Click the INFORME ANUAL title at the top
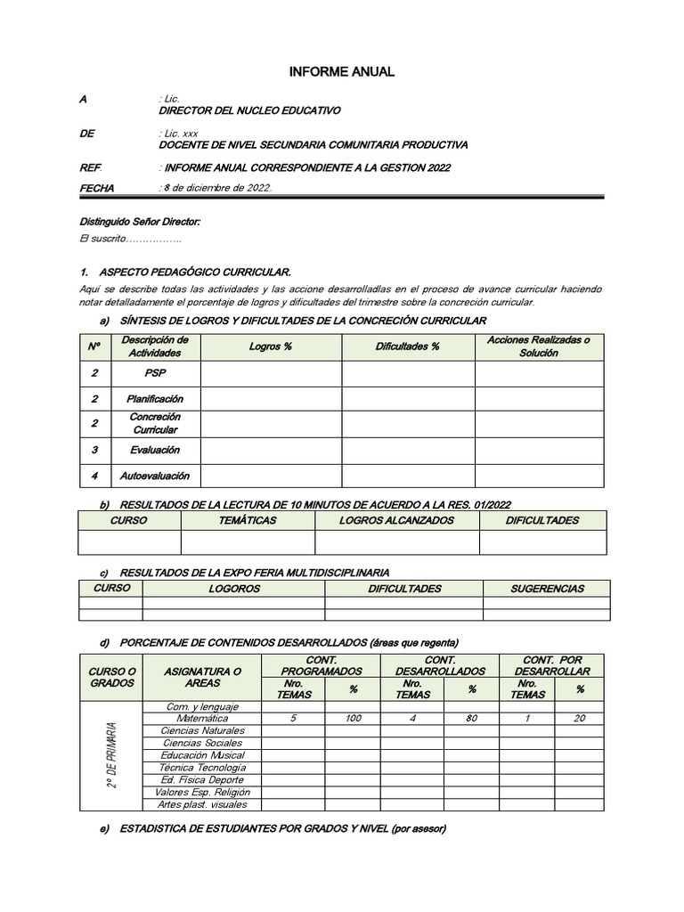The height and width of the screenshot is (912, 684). pyautogui.click(x=341, y=72)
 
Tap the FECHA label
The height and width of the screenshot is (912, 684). pyautogui.click(x=98, y=188)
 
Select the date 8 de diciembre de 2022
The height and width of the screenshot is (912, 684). pyautogui.click(x=216, y=188)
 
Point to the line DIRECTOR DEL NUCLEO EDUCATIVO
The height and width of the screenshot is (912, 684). pyautogui.click(x=249, y=110)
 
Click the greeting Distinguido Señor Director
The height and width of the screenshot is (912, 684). pyautogui.click(x=140, y=221)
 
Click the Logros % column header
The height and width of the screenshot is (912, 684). pyautogui.click(x=271, y=346)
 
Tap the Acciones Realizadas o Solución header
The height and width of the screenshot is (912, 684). pyautogui.click(x=538, y=346)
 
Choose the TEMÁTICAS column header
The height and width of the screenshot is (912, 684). pyautogui.click(x=248, y=520)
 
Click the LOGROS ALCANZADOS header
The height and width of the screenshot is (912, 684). pyautogui.click(x=396, y=520)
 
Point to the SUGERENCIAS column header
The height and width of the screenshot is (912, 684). pyautogui.click(x=547, y=589)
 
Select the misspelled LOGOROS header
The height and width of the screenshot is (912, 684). pyautogui.click(x=233, y=589)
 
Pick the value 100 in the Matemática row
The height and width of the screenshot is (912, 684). pyautogui.click(x=353, y=718)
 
